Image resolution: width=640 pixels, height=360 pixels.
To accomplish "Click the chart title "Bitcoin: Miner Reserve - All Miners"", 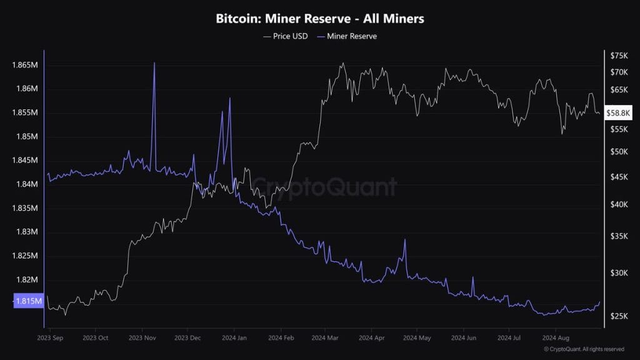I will (319, 19).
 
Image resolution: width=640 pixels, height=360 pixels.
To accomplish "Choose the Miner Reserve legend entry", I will (347, 36).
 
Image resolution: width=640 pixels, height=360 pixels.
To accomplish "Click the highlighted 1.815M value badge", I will (28, 301).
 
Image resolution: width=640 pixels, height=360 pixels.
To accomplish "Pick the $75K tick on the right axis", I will (619, 55).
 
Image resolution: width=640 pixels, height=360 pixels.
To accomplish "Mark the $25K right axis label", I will (619, 316).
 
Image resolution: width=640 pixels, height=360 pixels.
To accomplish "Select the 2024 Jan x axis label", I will (234, 337).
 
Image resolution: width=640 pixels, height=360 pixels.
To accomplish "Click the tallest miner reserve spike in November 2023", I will (154, 63).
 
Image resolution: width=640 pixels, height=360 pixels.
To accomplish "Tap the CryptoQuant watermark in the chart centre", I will (325, 186).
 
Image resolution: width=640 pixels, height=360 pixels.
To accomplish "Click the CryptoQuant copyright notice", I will (584, 349).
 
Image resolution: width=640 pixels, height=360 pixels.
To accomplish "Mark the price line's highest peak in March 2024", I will (342, 63).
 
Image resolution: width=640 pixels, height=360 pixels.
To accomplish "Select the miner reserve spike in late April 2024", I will (405, 239).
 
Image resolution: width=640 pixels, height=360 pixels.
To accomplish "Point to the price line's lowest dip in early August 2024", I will (562, 133).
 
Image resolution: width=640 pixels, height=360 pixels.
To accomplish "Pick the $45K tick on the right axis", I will (619, 177).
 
